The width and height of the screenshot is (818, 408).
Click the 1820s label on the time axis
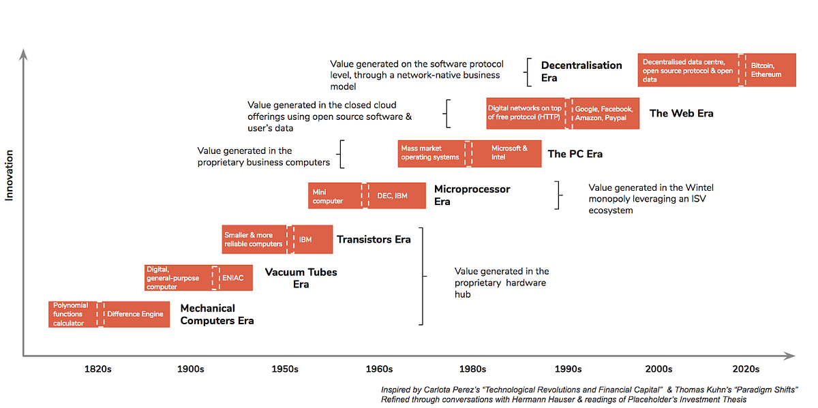[98, 369]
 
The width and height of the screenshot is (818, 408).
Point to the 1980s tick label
[472, 369]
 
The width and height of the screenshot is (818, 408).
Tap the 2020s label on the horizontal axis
[746, 369]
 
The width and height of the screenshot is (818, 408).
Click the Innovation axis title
[10, 176]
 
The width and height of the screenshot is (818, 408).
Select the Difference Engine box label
[135, 314]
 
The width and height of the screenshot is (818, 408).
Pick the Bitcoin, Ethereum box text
[766, 70]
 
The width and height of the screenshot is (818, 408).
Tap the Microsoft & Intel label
[509, 153]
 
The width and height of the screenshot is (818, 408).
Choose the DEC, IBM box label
[392, 196]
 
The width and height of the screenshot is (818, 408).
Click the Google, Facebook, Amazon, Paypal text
[604, 114]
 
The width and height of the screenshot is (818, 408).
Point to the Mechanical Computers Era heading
[217, 314]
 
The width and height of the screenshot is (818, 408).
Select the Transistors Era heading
[374, 239]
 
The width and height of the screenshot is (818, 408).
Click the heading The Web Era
[681, 113]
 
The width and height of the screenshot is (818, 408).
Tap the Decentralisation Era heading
[581, 72]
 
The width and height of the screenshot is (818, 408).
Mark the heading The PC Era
[575, 154]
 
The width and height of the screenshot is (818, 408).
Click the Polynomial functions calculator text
[72, 314]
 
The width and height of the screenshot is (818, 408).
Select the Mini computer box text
[328, 196]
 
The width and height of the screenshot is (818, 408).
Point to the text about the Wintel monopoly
[650, 199]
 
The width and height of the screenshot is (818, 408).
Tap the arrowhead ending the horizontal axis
[791, 356]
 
